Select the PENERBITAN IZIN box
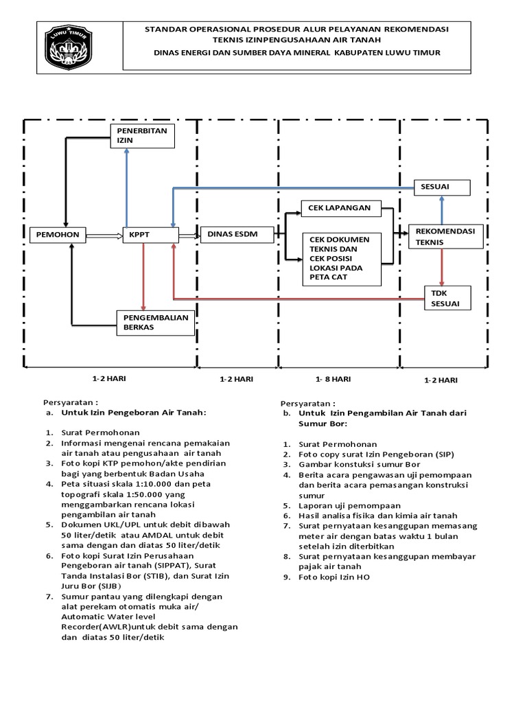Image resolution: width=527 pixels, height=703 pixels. point(143,135)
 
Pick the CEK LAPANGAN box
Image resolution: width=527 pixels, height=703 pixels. point(340,208)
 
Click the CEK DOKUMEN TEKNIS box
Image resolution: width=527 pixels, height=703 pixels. point(342,258)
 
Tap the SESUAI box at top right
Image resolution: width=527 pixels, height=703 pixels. point(441,187)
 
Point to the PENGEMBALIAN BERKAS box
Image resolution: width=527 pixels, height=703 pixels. point(154,322)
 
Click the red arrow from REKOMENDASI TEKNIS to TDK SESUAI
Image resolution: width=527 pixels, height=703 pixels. point(442,268)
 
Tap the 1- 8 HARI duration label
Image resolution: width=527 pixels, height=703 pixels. point(333,379)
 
